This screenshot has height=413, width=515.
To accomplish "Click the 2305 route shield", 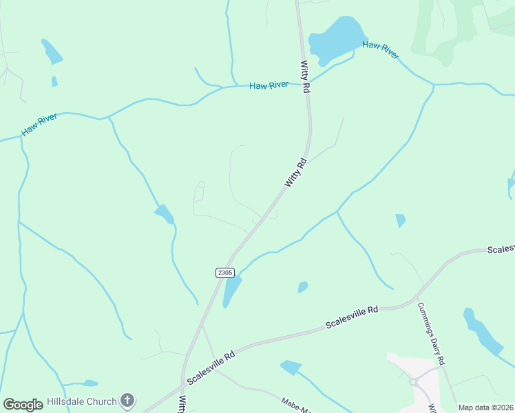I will (224, 273).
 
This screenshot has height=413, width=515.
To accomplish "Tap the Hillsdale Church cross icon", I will (127, 400).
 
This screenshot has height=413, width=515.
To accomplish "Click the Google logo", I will (23, 405).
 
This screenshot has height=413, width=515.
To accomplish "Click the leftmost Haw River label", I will (39, 125).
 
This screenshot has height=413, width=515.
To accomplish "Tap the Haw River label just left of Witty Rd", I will (269, 85).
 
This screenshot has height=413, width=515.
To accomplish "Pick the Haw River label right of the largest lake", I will (381, 50).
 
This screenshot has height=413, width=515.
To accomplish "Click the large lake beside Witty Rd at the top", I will (337, 38).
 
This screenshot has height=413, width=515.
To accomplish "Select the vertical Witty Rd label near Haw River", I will (305, 77).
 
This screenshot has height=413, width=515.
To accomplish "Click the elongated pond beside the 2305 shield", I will (232, 290).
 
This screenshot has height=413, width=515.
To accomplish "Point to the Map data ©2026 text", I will (485, 407).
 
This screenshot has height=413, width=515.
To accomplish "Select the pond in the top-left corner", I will (52, 52).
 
